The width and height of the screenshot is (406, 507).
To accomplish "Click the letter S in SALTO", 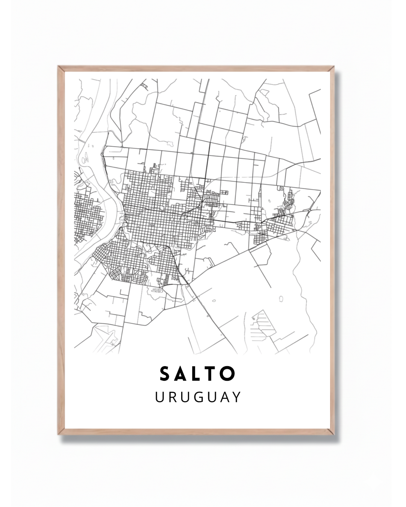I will coord(164,374).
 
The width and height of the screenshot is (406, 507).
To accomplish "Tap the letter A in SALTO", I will coord(182,374).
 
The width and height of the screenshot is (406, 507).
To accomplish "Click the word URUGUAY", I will coord(198,397).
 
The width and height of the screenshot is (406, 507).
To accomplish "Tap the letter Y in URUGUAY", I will coord(236,397).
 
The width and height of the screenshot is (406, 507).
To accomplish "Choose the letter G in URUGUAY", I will coord(197,397).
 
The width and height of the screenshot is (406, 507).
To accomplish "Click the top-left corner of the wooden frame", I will coord(59,67).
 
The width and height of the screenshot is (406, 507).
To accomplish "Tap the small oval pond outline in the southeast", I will coord(281,299).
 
